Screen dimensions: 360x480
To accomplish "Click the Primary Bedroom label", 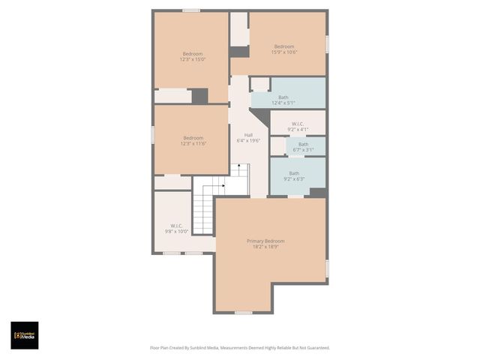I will (x=266, y=241).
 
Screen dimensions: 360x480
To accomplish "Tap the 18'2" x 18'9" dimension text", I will (x=266, y=247).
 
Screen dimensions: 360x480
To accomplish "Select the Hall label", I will (x=248, y=135).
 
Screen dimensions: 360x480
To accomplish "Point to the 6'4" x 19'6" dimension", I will (x=248, y=141).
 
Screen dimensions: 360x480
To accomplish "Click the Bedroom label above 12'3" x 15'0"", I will (x=193, y=53).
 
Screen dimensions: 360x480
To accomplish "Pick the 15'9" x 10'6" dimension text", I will (x=284, y=52).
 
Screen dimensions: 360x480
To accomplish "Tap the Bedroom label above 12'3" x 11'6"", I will (x=193, y=137).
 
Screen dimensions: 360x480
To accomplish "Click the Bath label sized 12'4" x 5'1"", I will (x=283, y=97).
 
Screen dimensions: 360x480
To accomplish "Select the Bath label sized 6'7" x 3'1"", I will (x=303, y=144).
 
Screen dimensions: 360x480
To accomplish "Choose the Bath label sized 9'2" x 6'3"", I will (x=294, y=173).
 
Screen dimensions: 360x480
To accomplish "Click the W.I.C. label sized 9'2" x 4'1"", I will (x=298, y=124).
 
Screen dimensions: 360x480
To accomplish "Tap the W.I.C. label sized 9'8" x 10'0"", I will (x=176, y=226).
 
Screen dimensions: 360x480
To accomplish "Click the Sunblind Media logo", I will (x=24, y=335).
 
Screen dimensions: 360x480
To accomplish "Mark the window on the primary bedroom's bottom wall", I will (x=244, y=312).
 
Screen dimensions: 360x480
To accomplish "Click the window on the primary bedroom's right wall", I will (x=327, y=268).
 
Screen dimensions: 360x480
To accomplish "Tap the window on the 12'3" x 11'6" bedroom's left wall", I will (x=153, y=133).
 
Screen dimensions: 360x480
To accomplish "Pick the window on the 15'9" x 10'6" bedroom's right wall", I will (x=327, y=43).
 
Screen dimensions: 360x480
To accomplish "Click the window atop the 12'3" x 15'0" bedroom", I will (x=191, y=10).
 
